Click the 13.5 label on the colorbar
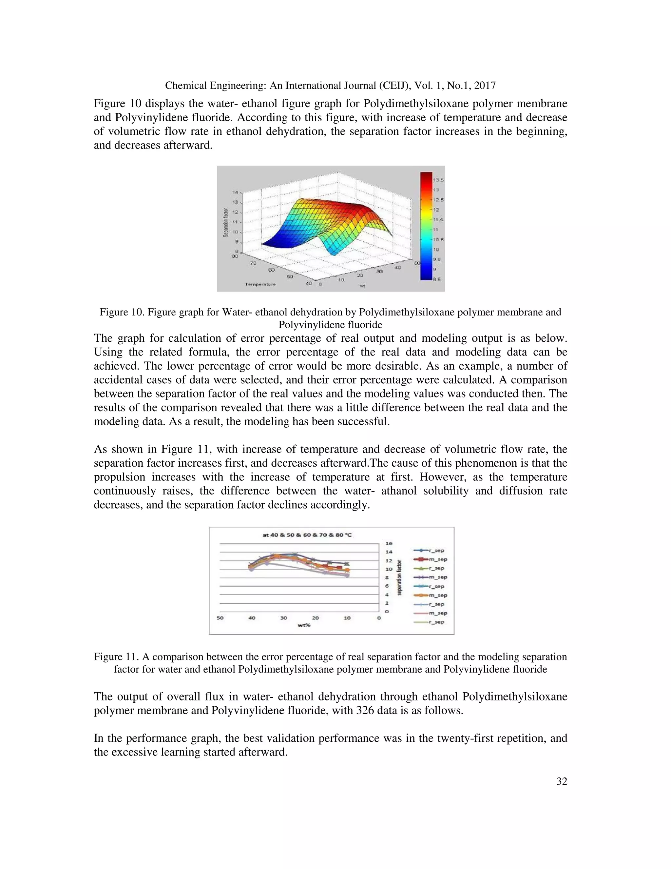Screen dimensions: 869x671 (439, 180)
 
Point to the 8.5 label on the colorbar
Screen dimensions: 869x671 (436, 279)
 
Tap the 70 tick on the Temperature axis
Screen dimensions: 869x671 (253, 263)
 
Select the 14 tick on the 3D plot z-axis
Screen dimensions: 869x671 (235, 192)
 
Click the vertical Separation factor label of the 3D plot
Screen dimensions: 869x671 (226, 222)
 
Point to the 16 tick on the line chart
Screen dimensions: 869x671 (389, 543)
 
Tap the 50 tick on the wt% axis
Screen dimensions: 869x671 (220, 618)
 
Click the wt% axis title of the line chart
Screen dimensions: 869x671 (304, 625)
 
